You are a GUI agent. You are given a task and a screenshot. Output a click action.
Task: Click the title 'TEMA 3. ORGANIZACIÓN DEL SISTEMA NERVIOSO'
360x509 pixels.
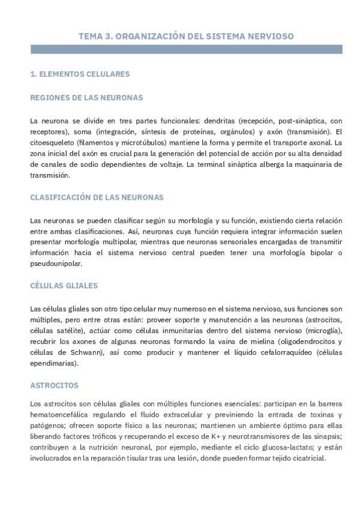[x=186, y=36]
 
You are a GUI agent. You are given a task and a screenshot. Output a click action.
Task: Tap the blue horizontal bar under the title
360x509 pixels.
[x=186, y=49]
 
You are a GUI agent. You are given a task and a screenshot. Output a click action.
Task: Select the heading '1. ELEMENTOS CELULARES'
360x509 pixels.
[x=80, y=74]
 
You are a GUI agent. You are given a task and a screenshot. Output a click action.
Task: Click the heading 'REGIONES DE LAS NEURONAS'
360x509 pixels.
[x=86, y=97]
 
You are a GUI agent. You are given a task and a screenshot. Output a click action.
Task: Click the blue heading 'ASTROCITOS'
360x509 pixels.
[x=54, y=385]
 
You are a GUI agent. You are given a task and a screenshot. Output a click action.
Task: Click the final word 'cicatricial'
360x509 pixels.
[x=307, y=458]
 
